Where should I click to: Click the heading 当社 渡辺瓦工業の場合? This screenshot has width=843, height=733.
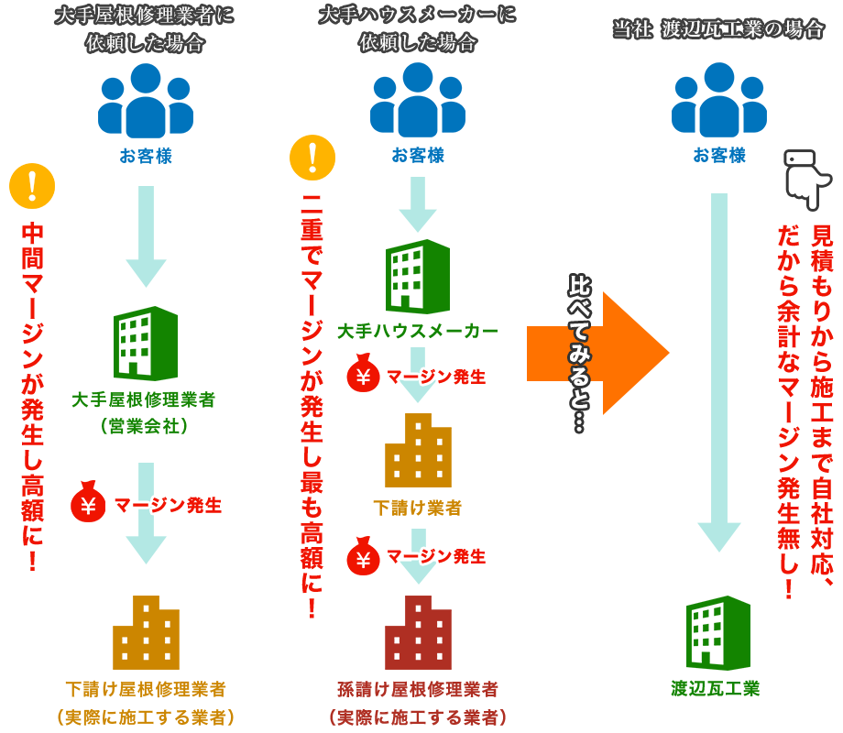718,29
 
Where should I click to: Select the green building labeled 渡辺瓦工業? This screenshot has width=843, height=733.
718,633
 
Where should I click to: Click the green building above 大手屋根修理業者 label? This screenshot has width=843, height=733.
144,343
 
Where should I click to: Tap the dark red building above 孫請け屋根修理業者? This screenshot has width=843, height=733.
418,632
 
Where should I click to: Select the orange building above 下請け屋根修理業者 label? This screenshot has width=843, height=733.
146,632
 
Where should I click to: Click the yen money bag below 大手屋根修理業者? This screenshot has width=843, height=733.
88,503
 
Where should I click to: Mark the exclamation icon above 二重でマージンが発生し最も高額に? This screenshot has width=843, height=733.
312,156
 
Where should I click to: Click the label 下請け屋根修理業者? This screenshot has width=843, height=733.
146,688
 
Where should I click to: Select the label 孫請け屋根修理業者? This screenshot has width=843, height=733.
418,688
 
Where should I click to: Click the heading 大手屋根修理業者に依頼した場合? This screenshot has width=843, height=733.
144,29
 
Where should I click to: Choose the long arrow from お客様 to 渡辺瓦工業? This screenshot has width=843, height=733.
719,366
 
